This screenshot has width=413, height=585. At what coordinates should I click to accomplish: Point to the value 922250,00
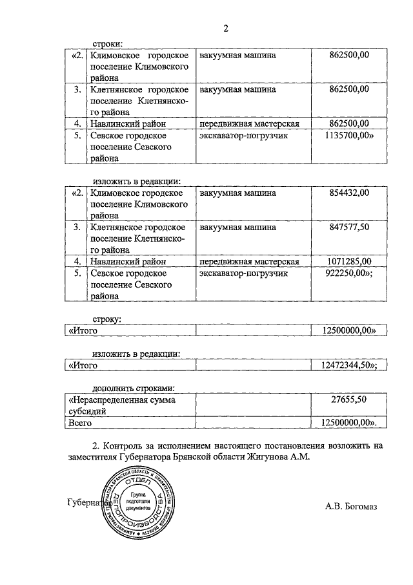tap(349, 274)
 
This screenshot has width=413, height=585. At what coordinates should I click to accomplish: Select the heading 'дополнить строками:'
tap(134, 388)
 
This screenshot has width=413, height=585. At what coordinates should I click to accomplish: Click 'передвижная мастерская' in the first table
tap(248, 123)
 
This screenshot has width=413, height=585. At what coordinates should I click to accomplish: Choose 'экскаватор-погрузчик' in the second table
tap(243, 274)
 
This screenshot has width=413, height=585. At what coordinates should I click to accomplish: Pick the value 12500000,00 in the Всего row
tap(349, 423)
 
